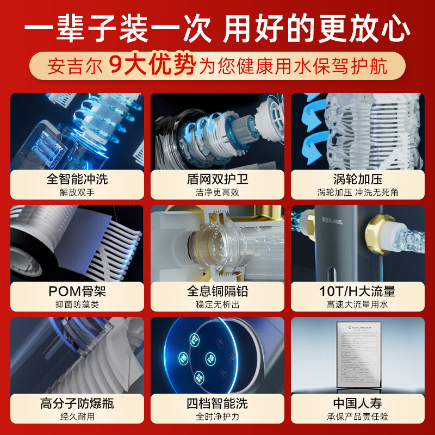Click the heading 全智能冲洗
77,179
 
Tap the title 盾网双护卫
217,179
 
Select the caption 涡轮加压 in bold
357,179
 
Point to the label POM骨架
77,291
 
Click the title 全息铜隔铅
217,291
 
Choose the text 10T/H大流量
357,291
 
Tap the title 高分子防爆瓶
77,403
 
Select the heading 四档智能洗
217,403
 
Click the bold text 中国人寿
357,403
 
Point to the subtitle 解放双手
77,192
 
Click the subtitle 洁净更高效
217,192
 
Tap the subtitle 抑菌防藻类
77,305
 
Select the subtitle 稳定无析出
217,305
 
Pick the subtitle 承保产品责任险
357,417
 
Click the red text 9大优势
152,67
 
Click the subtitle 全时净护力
217,417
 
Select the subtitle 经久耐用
77,417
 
